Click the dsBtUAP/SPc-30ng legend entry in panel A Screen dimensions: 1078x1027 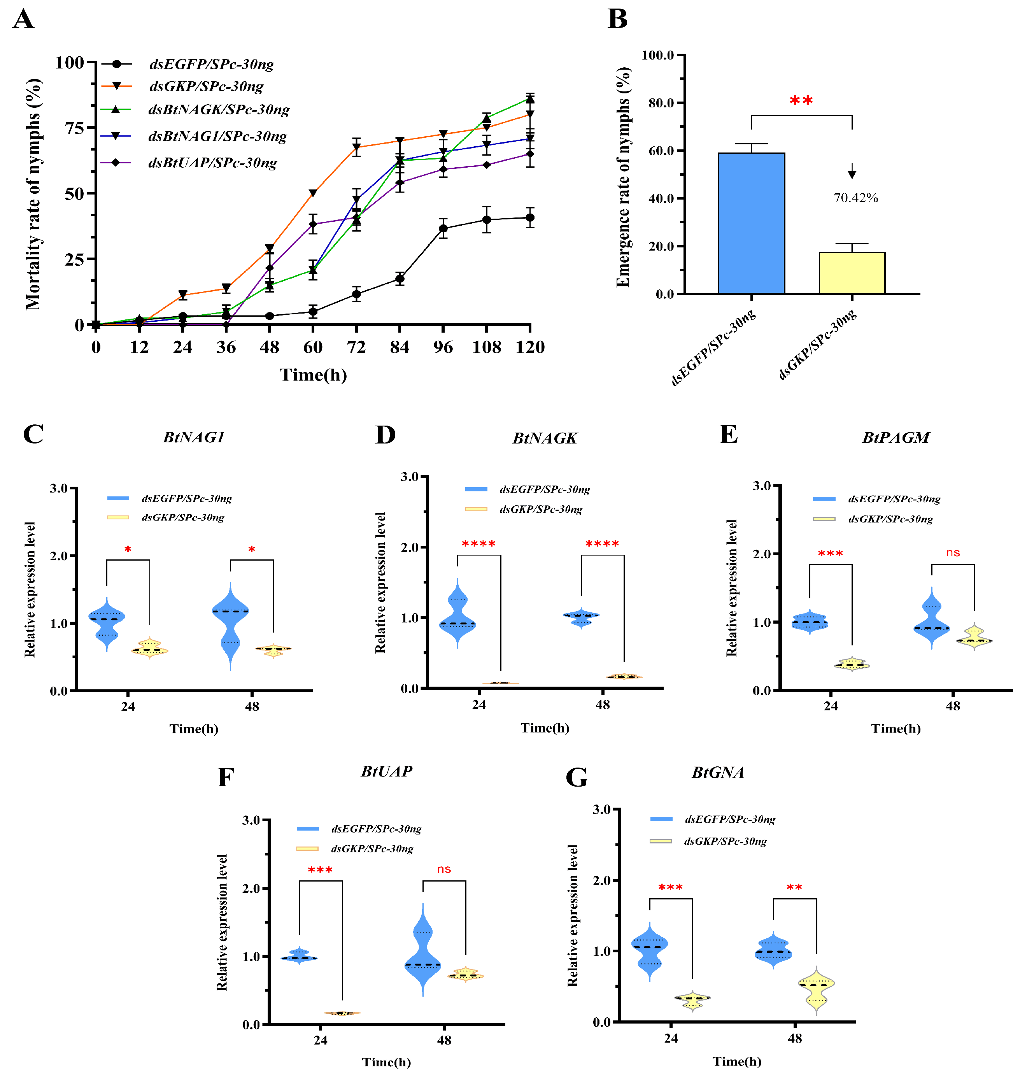click(212, 163)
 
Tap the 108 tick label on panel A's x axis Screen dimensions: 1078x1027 click(486, 347)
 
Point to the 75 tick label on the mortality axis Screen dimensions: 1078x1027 click(74, 128)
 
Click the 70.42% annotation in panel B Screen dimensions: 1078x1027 click(856, 198)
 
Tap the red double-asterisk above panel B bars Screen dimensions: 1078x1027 click(801, 101)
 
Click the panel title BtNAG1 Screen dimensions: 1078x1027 click(194, 437)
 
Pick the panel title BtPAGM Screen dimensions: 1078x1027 click(896, 437)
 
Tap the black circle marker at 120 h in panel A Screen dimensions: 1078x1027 click(530, 218)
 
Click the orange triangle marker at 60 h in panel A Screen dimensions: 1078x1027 click(313, 193)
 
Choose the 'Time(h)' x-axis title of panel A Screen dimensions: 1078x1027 click(313, 375)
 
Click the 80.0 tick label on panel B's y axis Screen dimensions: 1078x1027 click(661, 103)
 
